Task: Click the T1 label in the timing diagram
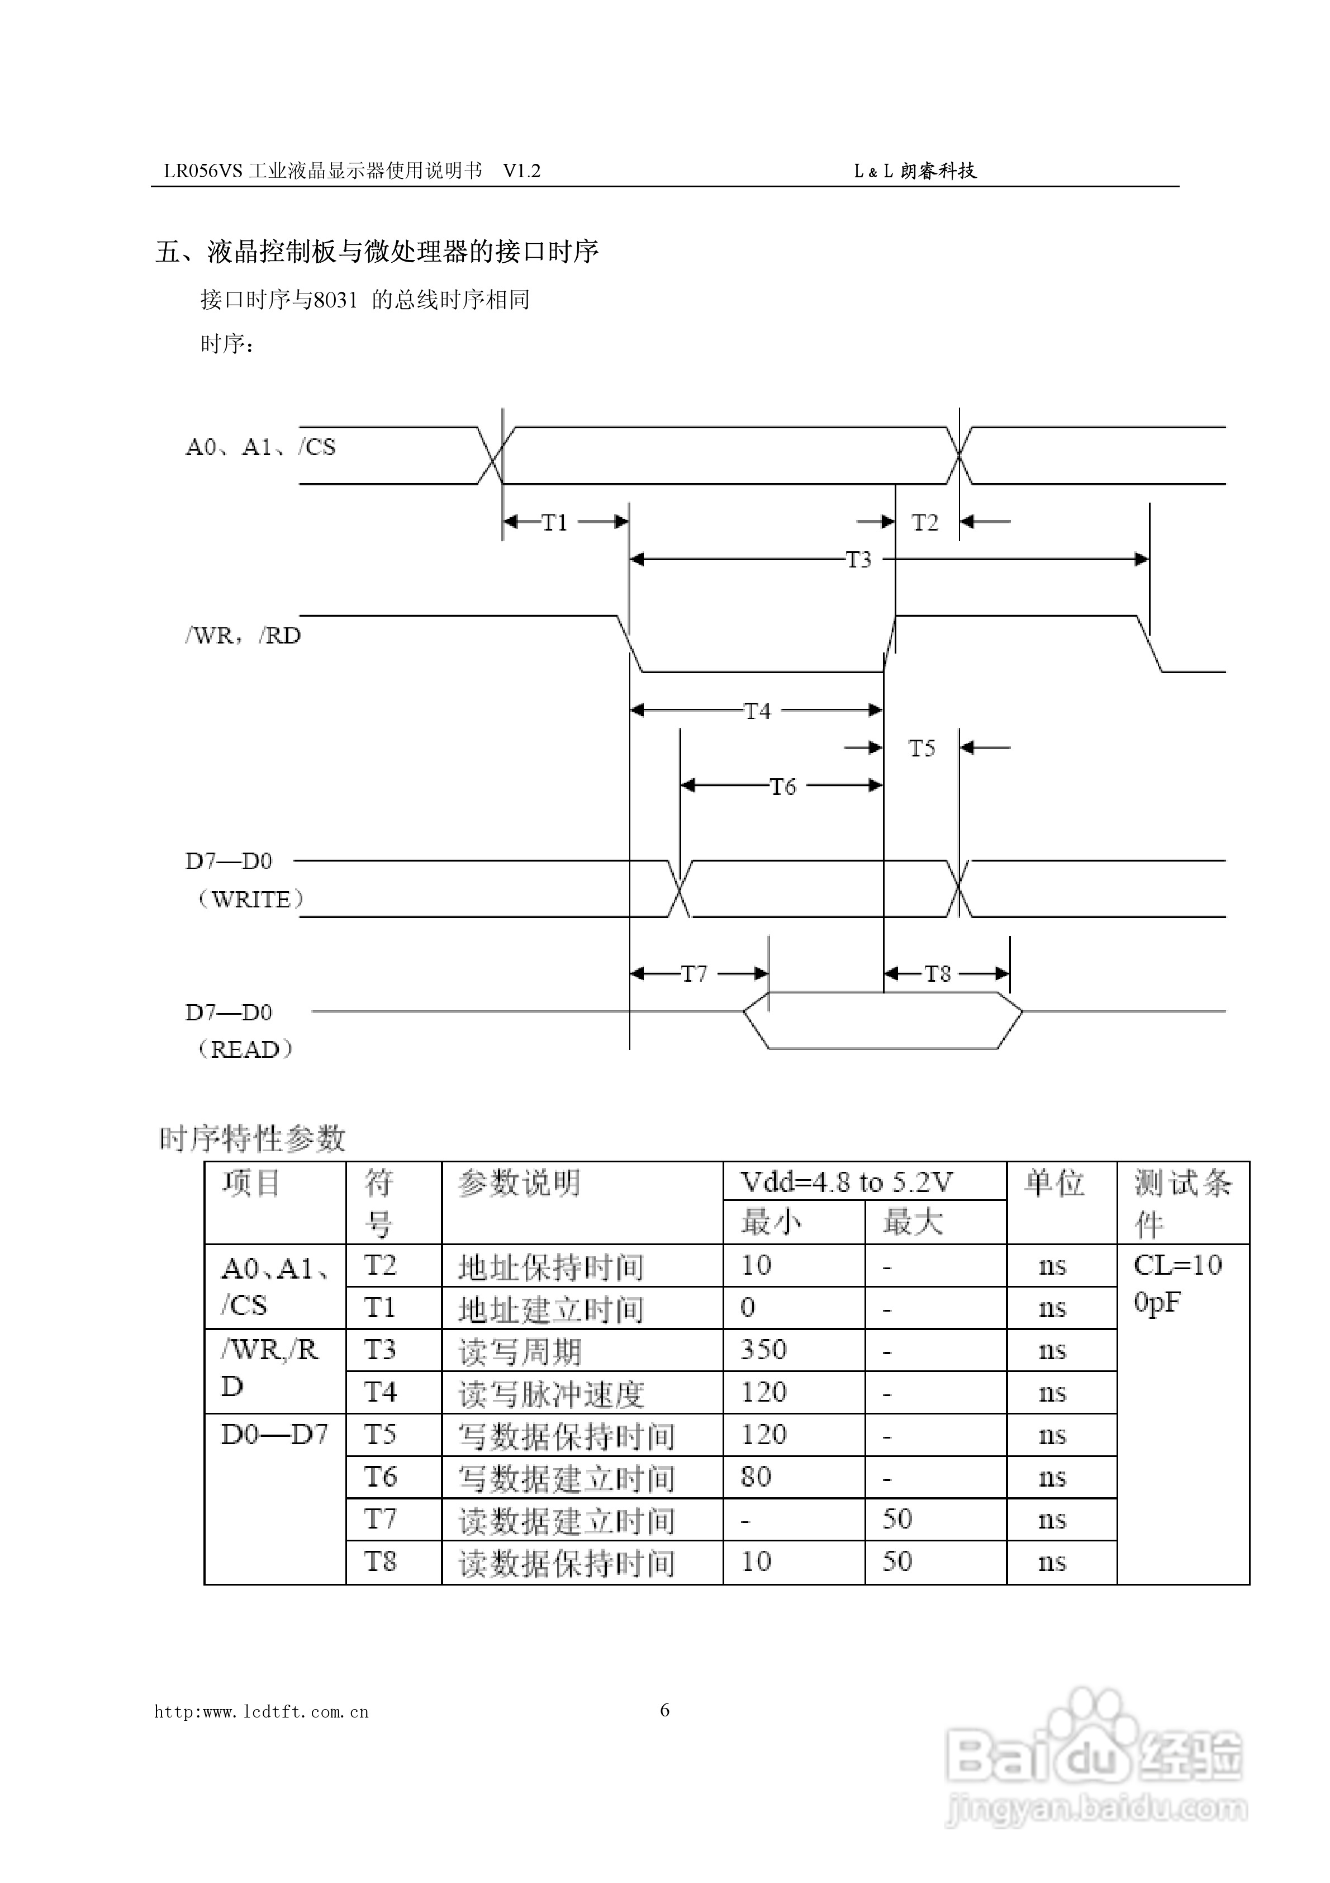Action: click(x=555, y=522)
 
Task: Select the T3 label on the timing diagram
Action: click(x=858, y=560)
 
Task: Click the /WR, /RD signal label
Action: click(x=243, y=636)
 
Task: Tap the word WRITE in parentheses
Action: click(x=251, y=900)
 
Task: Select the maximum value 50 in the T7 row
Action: click(x=897, y=1519)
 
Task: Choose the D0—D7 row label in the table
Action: click(x=275, y=1435)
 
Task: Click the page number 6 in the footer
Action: click(x=665, y=1710)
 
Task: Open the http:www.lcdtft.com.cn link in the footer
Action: click(x=262, y=1712)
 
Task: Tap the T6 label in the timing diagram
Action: click(x=783, y=787)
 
